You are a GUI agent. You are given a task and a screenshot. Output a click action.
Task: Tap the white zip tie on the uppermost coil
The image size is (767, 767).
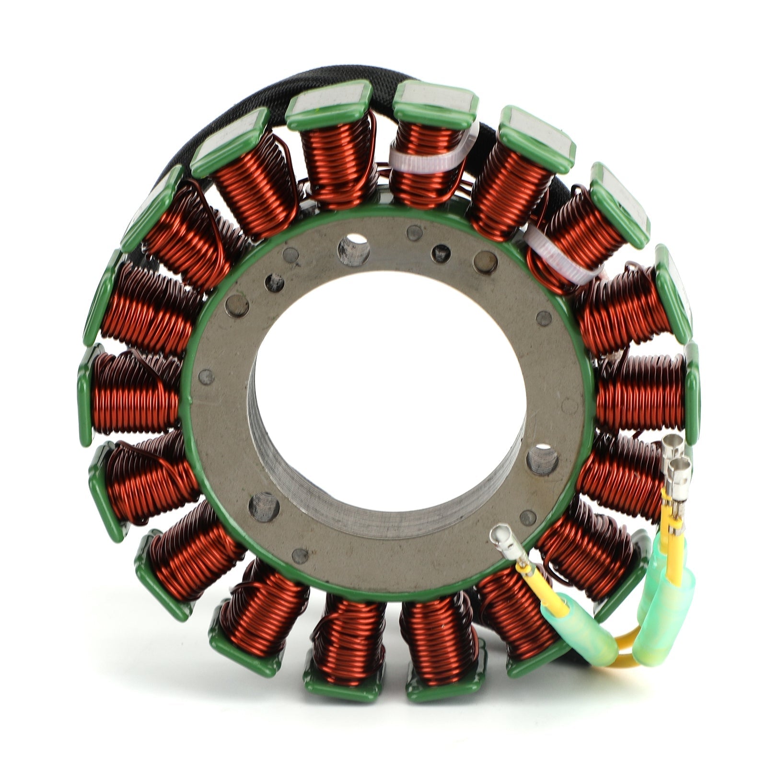pos(427,158)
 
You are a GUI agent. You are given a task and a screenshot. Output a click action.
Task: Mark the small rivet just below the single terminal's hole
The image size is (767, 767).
pos(527,518)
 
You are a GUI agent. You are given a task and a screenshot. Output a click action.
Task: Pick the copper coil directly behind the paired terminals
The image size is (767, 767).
pos(623,475)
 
